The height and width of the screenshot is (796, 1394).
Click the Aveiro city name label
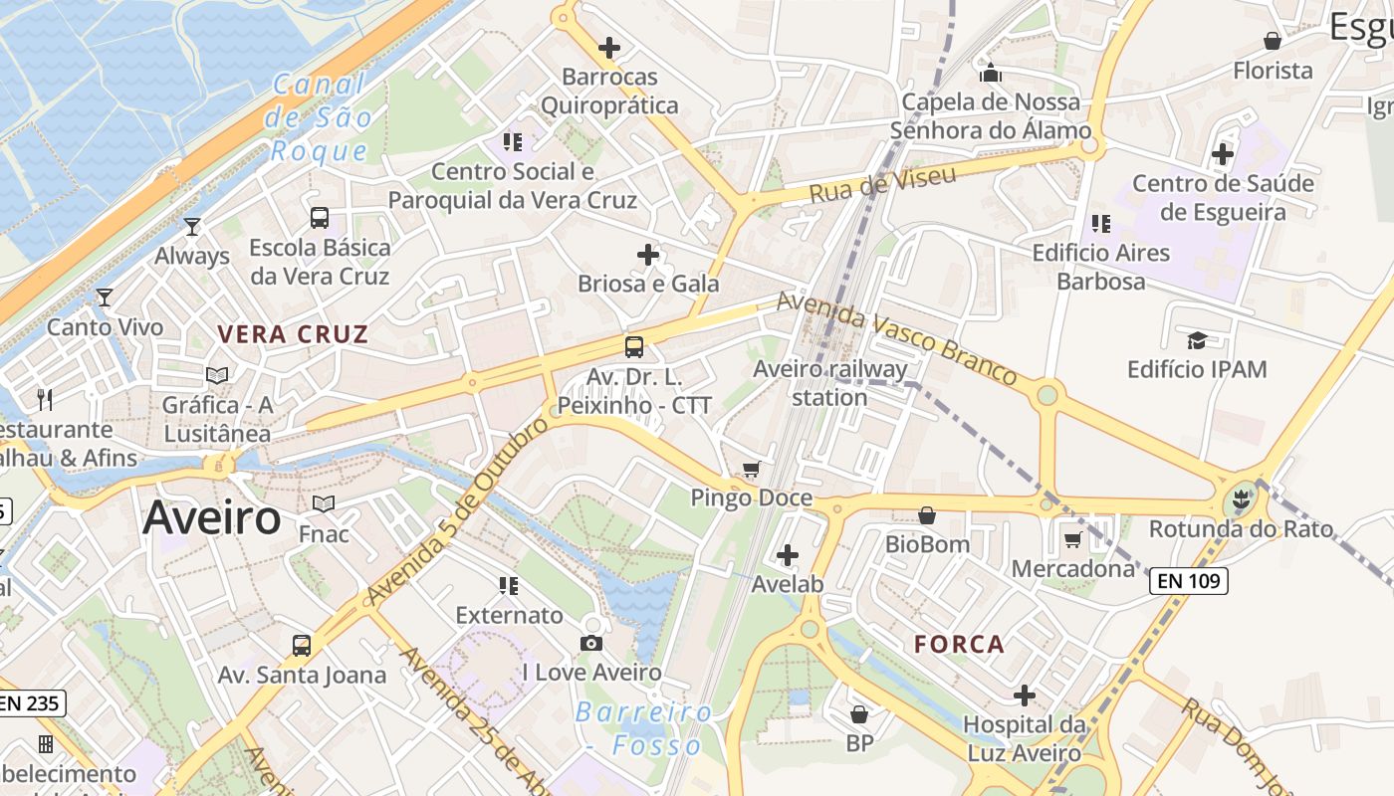(212, 518)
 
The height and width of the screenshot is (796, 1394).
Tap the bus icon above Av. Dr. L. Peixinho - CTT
(634, 346)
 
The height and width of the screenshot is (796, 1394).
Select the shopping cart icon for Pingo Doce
(752, 469)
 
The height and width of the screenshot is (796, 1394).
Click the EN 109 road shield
(1188, 581)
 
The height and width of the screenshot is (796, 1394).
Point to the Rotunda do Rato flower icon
(1240, 499)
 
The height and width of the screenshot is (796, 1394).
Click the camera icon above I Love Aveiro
(591, 643)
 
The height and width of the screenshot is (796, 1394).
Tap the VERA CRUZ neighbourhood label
(293, 334)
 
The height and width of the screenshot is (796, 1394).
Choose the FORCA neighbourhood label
(960, 644)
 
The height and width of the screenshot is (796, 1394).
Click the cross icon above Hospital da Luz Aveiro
(1025, 695)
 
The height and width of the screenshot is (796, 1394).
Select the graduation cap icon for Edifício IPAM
(1197, 340)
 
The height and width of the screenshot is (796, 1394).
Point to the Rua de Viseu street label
(882, 184)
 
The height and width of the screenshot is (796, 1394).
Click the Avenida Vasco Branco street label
(896, 336)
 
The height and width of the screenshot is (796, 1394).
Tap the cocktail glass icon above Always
(192, 227)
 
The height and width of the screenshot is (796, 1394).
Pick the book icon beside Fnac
(324, 504)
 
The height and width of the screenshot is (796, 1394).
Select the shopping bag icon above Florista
(1272, 41)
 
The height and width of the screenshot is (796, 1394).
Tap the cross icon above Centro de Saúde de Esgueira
(1223, 154)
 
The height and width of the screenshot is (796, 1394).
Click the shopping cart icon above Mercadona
(1072, 539)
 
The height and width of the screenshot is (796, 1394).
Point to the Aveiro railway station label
(830, 383)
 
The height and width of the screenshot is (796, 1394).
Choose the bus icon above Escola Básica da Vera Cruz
(320, 218)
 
